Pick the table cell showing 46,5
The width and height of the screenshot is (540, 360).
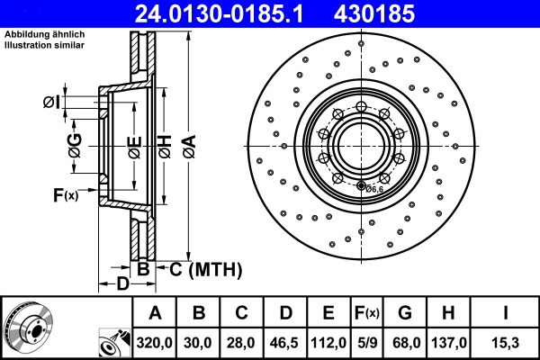click(x=285, y=342)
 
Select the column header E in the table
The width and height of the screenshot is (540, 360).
click(x=328, y=312)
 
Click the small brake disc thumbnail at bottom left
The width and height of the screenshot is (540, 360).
click(x=30, y=326)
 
